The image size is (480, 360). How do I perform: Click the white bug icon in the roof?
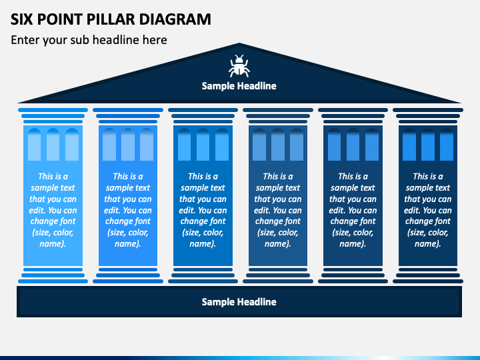point(239,66)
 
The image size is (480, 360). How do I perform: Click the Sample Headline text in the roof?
point(239,86)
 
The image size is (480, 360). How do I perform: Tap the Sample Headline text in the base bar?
point(239,302)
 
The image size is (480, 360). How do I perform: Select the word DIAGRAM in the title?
point(175,19)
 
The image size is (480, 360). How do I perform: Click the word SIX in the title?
point(21,19)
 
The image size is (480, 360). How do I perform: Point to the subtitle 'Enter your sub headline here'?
point(89,40)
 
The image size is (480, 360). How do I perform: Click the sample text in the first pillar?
point(53,210)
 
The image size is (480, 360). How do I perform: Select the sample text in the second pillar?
point(128,210)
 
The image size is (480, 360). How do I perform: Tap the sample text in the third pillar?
point(203,210)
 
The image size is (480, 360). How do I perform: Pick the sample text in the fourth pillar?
point(278,210)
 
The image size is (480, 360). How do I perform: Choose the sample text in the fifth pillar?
point(353,210)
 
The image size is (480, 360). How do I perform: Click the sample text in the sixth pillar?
point(428,210)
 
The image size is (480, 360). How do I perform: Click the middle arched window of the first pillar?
point(53,145)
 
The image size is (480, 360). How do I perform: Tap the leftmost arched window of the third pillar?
point(184,145)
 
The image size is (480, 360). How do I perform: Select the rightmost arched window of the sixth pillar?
point(447,145)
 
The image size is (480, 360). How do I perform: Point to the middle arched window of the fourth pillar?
point(278,145)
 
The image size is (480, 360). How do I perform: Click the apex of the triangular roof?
point(239,43)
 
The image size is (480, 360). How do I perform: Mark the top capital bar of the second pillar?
point(128,110)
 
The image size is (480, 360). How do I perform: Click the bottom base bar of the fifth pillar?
point(353,281)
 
